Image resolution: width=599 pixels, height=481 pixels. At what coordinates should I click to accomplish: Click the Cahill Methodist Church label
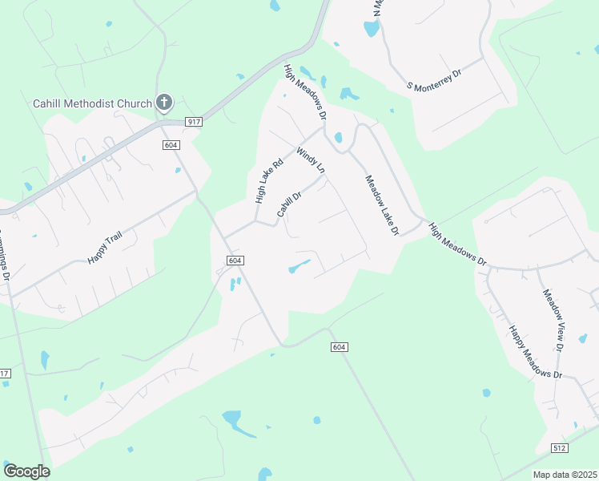pos(92,103)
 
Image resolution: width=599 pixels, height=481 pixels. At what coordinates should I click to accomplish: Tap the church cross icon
pos(164,102)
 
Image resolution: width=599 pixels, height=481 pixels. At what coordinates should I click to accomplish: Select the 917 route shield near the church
pos(192,122)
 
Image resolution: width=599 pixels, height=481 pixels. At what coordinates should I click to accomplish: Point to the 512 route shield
pos(560,447)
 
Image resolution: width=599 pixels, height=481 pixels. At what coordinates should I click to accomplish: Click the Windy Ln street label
pos(311,160)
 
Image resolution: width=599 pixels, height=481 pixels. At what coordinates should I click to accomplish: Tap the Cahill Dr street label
pos(288,204)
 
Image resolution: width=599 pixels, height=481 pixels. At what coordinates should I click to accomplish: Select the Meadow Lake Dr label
pos(382,206)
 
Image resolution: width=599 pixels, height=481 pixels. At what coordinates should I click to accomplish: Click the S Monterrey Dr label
pos(435,79)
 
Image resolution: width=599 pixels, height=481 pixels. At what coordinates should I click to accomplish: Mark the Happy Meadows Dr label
pos(536,352)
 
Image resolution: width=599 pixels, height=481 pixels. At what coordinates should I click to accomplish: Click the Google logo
pos(26,471)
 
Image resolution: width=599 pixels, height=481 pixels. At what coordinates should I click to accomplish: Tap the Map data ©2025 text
pos(565,475)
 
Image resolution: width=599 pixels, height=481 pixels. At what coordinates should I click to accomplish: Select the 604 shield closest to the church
pos(170,145)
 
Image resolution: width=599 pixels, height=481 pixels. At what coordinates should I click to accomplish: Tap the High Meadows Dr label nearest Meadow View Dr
pos(457,244)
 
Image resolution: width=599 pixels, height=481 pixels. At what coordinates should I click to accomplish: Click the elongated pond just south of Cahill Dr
pos(299,265)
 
